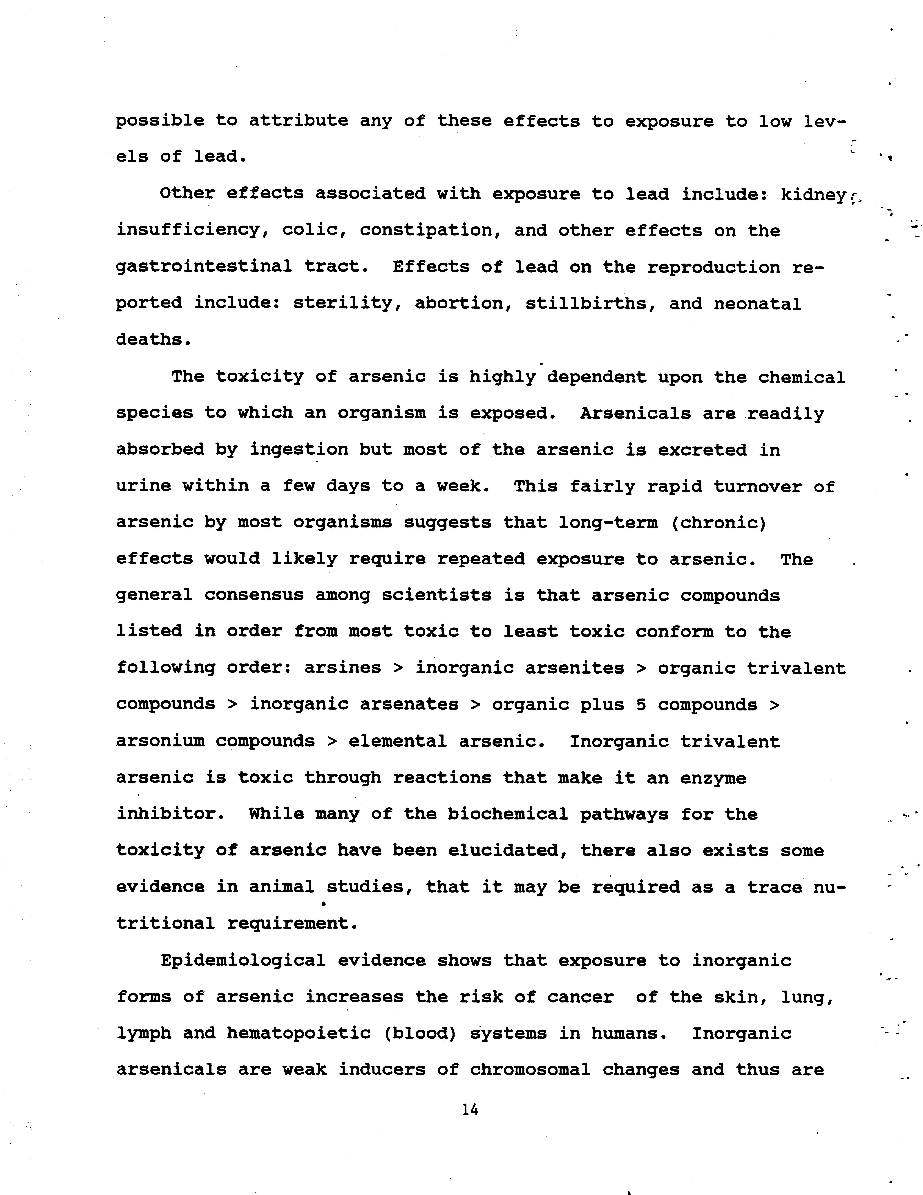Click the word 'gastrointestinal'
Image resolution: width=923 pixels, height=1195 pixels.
coord(204,267)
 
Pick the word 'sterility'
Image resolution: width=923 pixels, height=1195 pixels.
coord(349,304)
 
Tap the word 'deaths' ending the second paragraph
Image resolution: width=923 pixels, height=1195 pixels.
coord(154,340)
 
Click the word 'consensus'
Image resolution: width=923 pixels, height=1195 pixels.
coord(254,595)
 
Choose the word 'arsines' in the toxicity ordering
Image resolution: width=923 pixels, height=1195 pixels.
coord(343,668)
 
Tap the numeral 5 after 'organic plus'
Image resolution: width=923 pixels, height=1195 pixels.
coord(641,705)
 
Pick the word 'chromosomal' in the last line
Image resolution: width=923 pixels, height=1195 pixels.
coord(530,1070)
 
